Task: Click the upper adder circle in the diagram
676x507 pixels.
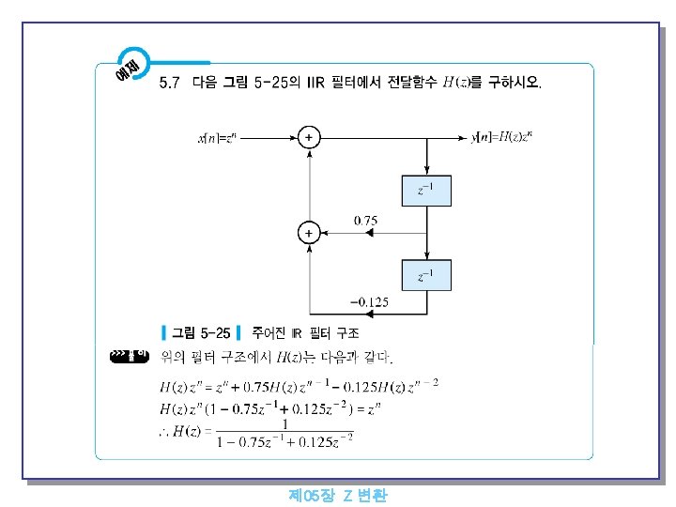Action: (x=308, y=138)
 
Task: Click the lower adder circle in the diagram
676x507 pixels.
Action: (x=308, y=231)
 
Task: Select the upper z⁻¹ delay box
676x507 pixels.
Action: (x=427, y=190)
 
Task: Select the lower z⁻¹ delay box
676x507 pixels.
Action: (x=427, y=276)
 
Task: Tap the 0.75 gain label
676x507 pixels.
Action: (x=365, y=220)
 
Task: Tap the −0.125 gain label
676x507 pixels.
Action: (x=368, y=302)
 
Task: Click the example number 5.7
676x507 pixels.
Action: (x=170, y=83)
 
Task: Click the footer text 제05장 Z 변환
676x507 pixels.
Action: (x=338, y=495)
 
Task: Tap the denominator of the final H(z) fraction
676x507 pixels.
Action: (x=284, y=438)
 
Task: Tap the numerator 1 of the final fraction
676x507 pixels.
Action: (x=284, y=423)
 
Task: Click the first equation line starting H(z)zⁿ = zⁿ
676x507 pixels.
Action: (x=299, y=386)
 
